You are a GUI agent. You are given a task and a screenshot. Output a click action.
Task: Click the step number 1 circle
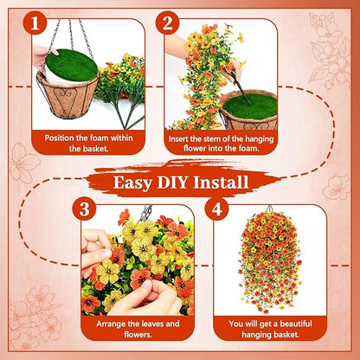(35, 22)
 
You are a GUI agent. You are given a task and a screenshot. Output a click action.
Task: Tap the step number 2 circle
(167, 22)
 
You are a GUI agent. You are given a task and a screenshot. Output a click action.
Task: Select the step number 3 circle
(84, 209)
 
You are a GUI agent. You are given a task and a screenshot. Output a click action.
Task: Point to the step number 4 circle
(217, 209)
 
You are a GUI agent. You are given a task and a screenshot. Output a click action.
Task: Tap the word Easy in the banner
(132, 183)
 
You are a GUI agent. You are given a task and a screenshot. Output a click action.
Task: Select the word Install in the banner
(221, 182)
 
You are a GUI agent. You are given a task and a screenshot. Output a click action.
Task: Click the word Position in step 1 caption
(59, 138)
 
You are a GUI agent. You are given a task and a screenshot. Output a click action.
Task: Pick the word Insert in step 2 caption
(177, 138)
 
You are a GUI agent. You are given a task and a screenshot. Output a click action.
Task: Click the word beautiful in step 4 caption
(296, 324)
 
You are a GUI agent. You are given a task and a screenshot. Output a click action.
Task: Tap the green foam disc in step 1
(72, 65)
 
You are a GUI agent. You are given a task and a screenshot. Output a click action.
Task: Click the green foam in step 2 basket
(250, 106)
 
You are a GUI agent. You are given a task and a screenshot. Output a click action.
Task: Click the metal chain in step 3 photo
(145, 213)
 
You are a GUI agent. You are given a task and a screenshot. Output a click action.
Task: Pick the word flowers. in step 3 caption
(138, 334)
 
